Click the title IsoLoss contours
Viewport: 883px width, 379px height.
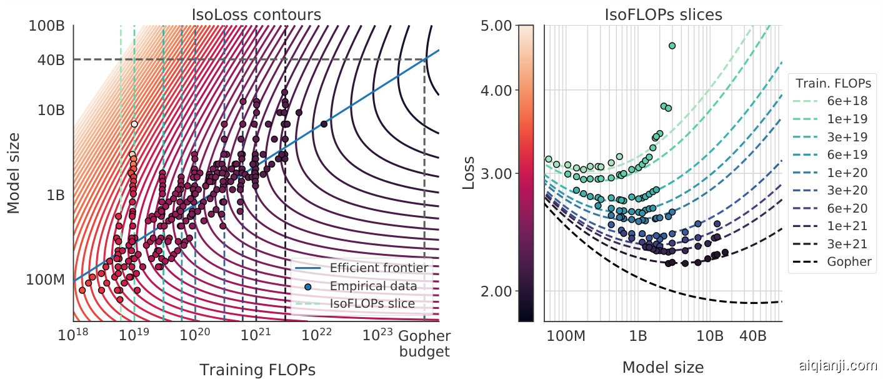(x=256, y=15)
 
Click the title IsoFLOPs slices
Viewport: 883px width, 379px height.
(x=663, y=15)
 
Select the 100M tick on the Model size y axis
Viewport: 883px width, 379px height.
(x=46, y=280)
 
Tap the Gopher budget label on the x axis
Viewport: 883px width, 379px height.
(x=424, y=343)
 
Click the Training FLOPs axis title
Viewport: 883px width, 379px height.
(x=257, y=370)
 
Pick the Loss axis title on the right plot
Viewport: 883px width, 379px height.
(x=469, y=173)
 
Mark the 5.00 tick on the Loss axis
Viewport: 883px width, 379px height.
(x=497, y=26)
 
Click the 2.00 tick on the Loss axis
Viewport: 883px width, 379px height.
(x=497, y=291)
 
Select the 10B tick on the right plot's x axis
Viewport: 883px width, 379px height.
(x=710, y=336)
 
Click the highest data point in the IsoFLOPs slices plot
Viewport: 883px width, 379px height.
(x=672, y=46)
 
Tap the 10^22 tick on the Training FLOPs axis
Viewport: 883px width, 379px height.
(x=317, y=336)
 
